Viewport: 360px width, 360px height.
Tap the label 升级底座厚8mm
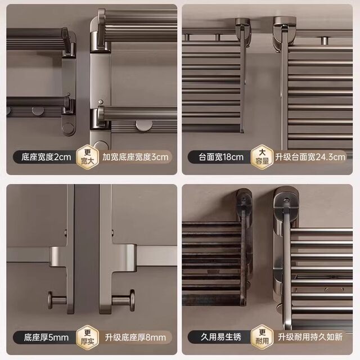136,337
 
